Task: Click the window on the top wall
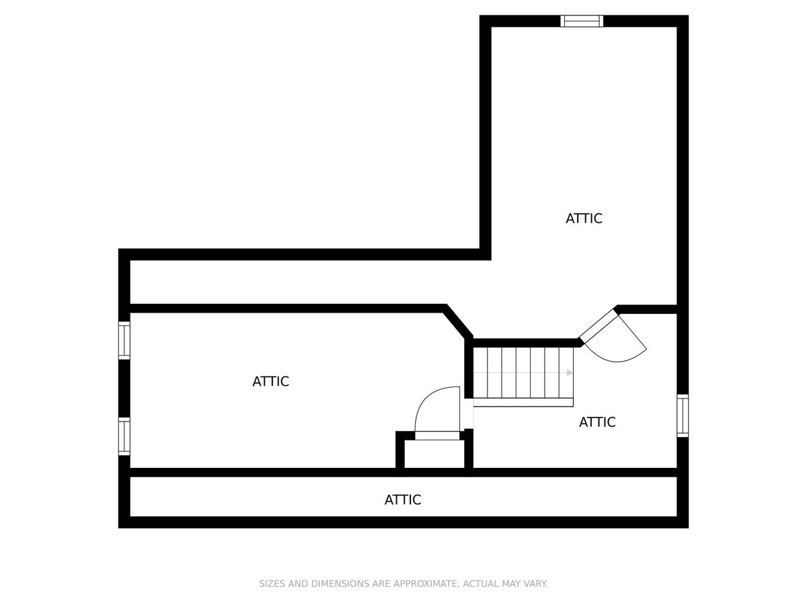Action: tap(582, 21)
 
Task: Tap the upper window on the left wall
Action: tap(124, 341)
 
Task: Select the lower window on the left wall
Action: tap(124, 436)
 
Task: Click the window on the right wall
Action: tap(683, 416)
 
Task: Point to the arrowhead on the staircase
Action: tap(570, 373)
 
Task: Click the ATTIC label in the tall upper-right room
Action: tap(584, 218)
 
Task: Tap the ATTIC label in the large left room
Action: tap(270, 382)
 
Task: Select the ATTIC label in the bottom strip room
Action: tap(403, 500)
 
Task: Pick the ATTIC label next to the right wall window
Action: tap(597, 422)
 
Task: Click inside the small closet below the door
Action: tap(434, 454)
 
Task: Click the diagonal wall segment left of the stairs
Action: tap(458, 321)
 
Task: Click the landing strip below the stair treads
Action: tap(523, 403)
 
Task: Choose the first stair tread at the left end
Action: tap(480, 373)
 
